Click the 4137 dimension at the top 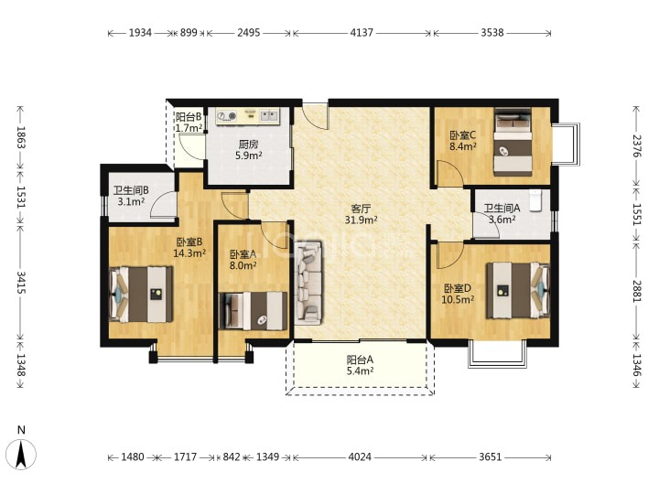click(x=362, y=32)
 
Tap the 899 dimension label click(x=189, y=32)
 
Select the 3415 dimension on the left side click(x=21, y=283)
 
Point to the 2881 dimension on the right click(x=637, y=291)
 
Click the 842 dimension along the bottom click(x=232, y=456)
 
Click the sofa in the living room click(x=308, y=283)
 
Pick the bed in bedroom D click(x=518, y=290)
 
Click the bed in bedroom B click(x=141, y=294)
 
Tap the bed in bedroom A click(x=253, y=311)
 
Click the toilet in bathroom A click(x=535, y=200)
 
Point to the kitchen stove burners click(x=227, y=116)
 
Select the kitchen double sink click(x=269, y=114)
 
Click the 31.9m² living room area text click(x=361, y=220)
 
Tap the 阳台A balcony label click(x=360, y=360)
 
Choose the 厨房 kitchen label click(x=248, y=145)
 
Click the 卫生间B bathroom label click(x=131, y=190)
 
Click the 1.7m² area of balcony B click(x=189, y=128)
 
